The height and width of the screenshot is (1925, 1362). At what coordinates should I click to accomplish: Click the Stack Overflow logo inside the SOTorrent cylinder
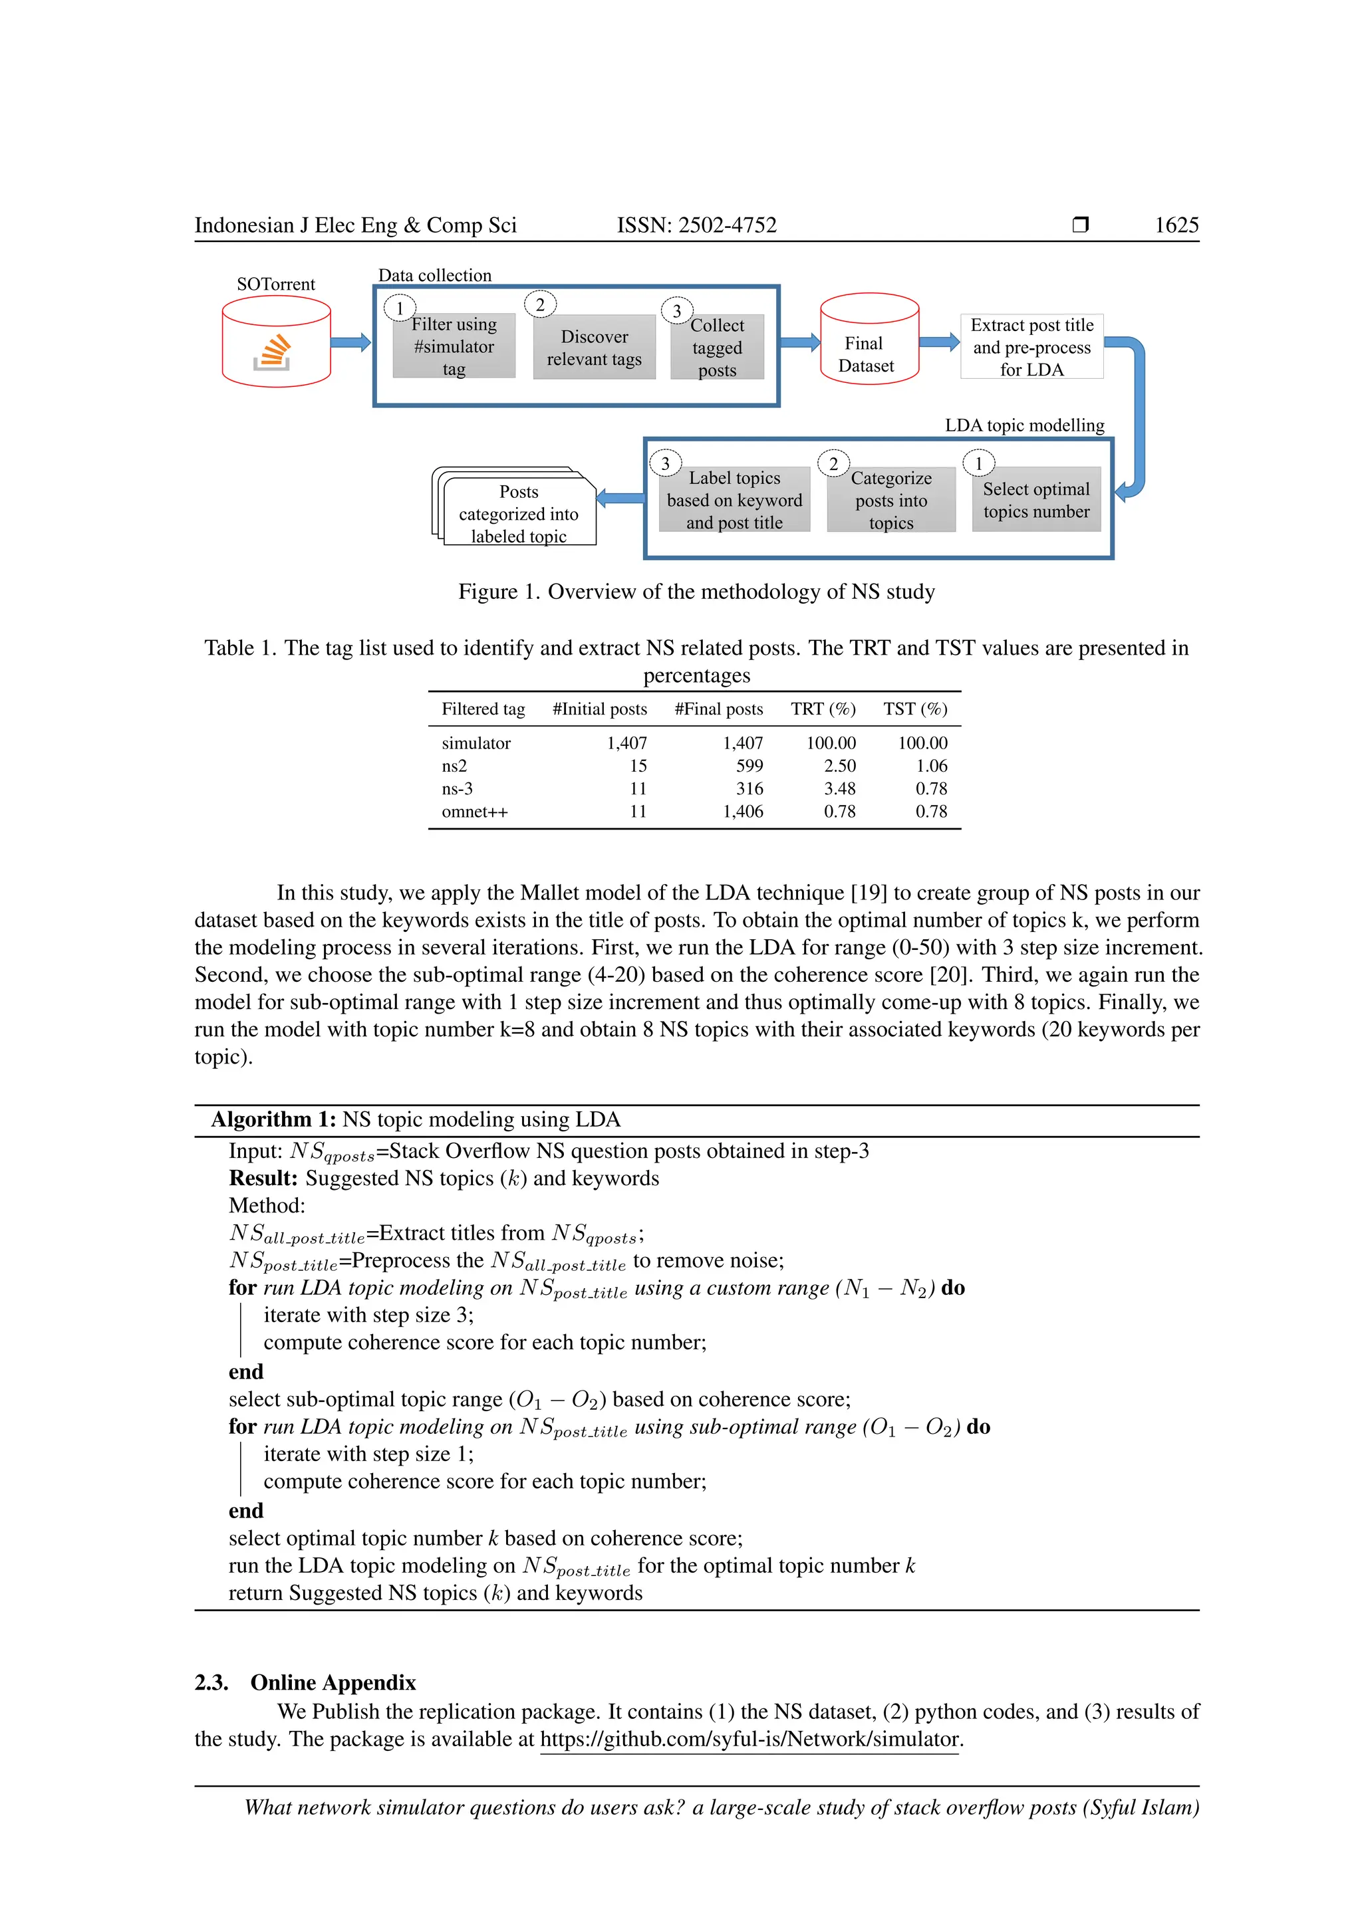tap(272, 352)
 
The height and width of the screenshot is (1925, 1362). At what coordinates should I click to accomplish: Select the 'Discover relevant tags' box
tap(594, 348)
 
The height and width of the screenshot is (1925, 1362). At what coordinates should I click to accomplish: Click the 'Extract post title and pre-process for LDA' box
tap(1031, 347)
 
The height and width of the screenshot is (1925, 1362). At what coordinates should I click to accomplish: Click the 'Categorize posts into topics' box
tap(890, 501)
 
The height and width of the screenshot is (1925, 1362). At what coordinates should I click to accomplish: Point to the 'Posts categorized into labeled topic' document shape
tap(518, 513)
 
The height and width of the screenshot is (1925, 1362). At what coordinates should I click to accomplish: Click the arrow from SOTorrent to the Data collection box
tap(350, 342)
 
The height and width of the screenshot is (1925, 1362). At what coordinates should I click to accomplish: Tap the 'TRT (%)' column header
tap(823, 709)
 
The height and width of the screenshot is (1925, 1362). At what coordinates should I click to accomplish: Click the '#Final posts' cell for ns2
tap(749, 766)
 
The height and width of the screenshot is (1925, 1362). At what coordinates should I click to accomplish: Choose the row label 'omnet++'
tap(475, 812)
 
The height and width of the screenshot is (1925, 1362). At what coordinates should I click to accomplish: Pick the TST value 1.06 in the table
tap(931, 766)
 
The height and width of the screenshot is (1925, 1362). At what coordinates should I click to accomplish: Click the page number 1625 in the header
tap(1176, 225)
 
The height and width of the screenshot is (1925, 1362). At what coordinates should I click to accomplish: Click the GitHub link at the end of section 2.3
tap(749, 1739)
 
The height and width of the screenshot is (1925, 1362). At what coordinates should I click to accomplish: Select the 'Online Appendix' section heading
tap(333, 1682)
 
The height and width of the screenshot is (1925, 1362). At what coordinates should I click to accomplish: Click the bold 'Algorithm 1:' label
tap(273, 1120)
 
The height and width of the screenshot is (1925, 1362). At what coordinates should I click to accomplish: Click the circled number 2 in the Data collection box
tap(540, 305)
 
